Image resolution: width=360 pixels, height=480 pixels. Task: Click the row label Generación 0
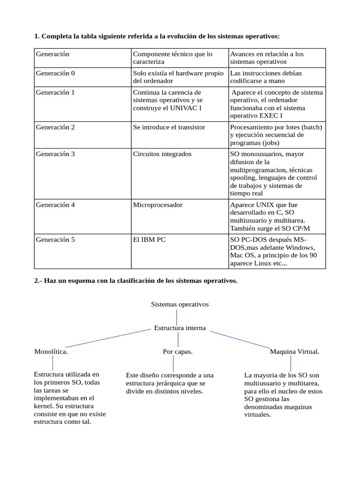point(55,73)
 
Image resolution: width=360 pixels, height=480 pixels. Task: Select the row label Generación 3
point(55,154)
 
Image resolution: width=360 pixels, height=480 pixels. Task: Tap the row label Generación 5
point(55,240)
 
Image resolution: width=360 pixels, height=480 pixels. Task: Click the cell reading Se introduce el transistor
point(169,127)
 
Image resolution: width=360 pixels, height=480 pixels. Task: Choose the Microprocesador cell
point(157,205)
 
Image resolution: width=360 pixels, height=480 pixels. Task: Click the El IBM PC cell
point(149,240)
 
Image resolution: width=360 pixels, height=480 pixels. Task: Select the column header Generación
point(52,54)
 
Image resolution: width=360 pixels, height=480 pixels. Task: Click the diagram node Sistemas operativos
point(180,304)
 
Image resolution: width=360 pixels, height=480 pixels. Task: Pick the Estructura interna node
point(180,328)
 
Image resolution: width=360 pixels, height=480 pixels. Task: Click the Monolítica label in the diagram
point(51,352)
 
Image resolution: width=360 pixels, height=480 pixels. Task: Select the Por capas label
point(178,352)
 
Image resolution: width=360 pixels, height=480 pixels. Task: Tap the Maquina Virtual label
point(294,352)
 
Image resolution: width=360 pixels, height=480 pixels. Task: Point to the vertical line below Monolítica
point(53,362)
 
